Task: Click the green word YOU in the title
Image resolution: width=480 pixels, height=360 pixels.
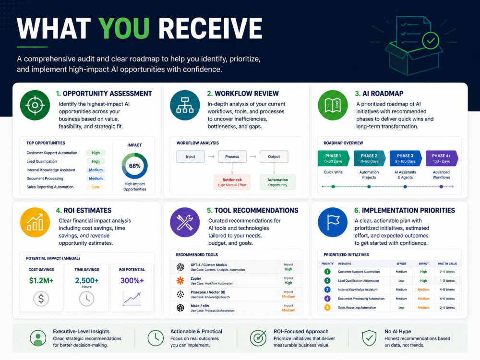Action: pos(124,28)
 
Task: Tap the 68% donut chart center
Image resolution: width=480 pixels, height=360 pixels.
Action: pos(135,166)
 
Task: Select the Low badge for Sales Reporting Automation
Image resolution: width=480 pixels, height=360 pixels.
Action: pos(96,187)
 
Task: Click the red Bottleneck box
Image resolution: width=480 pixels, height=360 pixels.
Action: pos(232,182)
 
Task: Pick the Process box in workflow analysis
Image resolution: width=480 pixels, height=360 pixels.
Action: pos(232,156)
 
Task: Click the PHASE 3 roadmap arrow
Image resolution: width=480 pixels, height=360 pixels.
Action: pos(406,158)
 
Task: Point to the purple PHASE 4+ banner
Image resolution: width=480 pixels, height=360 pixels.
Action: pos(442,158)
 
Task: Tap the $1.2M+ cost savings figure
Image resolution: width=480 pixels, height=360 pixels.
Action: pos(41,280)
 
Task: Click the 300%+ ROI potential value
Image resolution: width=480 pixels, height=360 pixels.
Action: pos(132,280)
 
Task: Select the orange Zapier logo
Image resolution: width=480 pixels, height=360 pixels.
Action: pos(180,280)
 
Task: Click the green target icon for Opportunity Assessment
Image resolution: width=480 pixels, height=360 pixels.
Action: pos(35,105)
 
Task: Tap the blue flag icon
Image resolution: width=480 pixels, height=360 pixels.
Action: pos(333,222)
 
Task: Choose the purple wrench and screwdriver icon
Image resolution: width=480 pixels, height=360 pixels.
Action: pos(185,222)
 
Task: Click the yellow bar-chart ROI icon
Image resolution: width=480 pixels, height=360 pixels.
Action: pos(35,222)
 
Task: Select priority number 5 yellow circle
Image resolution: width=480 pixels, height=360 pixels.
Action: pos(327,307)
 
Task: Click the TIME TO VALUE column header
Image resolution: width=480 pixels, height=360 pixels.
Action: pos(447,264)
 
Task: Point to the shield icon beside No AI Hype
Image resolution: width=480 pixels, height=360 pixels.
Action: pos(369,338)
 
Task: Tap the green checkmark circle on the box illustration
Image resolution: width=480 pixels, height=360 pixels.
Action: pos(431,40)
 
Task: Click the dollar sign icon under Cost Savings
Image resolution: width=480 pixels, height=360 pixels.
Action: pos(41,299)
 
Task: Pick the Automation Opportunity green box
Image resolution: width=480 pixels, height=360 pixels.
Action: pos(277,182)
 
